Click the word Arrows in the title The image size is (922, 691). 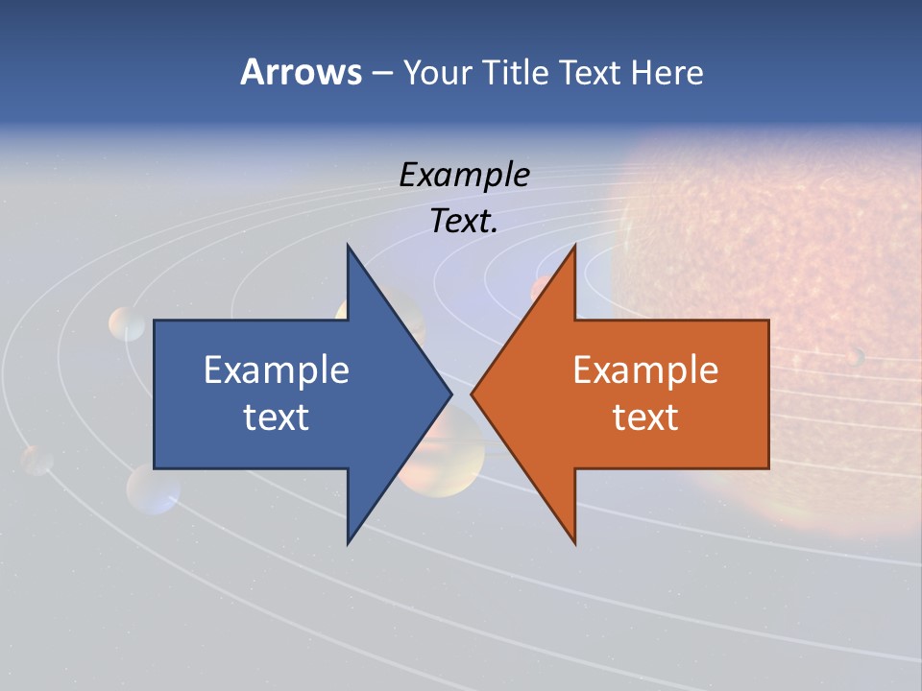[x=300, y=72]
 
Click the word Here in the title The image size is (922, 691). [x=667, y=73]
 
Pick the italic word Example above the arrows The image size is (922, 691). [x=464, y=175]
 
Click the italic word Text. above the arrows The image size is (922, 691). [x=464, y=221]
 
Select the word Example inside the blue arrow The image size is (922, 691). [x=277, y=369]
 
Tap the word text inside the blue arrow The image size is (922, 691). [x=277, y=417]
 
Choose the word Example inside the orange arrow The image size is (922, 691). [x=645, y=369]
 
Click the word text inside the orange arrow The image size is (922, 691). [x=645, y=417]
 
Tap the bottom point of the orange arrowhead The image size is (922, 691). [x=574, y=542]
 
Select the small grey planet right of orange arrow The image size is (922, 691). [x=854, y=357]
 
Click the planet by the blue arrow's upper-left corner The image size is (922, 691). [x=127, y=323]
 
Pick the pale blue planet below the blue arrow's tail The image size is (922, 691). [x=153, y=489]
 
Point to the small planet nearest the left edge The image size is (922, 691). [x=37, y=461]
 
